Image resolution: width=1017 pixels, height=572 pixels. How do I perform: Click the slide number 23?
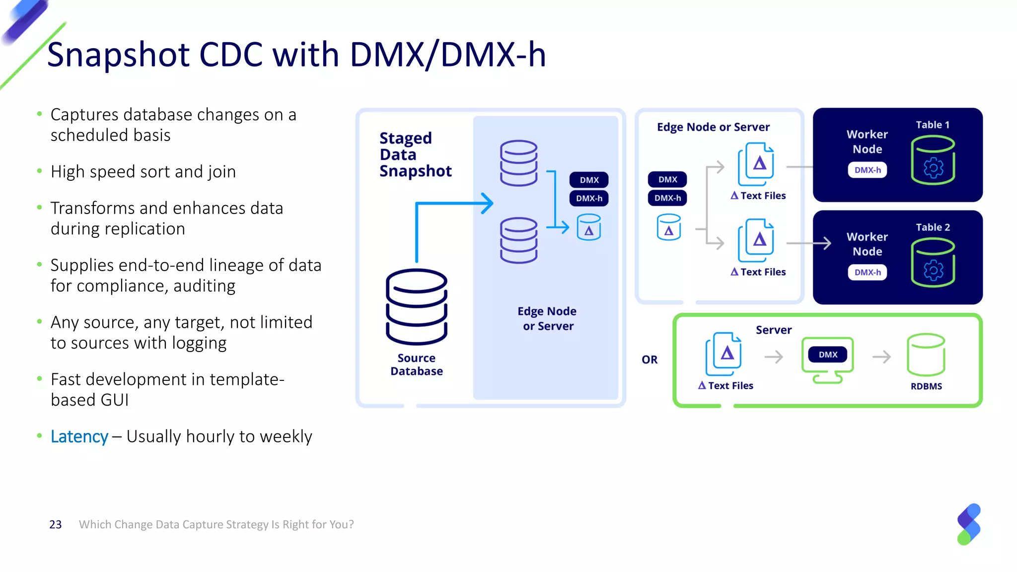[55, 524]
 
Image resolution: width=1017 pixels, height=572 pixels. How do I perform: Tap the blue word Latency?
[79, 436]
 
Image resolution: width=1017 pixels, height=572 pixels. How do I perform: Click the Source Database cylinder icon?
[416, 306]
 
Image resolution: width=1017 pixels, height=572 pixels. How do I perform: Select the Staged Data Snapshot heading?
[415, 154]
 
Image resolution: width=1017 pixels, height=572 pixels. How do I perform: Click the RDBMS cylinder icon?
[926, 355]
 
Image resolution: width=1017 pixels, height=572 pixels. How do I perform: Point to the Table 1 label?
[932, 125]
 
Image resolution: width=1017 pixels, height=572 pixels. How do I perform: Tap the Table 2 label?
[933, 227]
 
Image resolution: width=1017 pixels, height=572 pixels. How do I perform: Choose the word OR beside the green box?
[649, 359]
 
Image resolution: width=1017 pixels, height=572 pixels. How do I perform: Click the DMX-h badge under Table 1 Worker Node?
[867, 170]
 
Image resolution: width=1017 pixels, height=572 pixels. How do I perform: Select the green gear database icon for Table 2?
[933, 263]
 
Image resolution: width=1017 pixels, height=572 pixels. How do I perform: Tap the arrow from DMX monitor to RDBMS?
[881, 357]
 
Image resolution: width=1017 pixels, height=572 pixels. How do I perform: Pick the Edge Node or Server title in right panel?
[713, 127]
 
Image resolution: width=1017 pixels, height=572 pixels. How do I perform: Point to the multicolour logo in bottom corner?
[968, 524]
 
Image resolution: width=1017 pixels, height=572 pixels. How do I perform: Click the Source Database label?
[416, 364]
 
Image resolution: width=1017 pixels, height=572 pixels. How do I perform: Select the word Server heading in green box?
[773, 330]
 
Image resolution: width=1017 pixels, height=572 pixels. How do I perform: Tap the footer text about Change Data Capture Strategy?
[216, 524]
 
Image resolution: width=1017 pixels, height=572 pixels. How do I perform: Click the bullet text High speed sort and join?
[143, 172]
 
